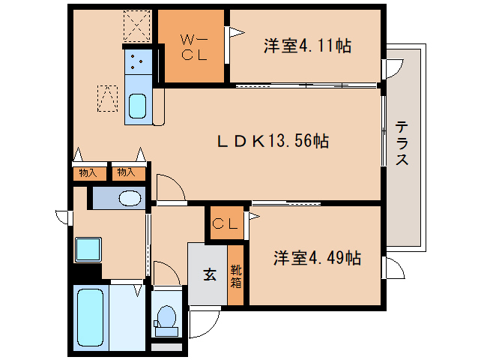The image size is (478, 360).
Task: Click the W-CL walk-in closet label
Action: [x=192, y=46]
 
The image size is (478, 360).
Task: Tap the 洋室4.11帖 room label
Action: [x=307, y=46]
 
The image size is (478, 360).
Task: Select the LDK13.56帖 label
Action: [x=273, y=139]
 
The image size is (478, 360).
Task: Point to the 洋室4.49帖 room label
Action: [x=316, y=258]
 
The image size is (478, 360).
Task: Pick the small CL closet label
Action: [x=225, y=223]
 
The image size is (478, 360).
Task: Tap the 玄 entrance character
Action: [x=210, y=274]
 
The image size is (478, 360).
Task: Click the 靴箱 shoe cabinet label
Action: [x=236, y=276]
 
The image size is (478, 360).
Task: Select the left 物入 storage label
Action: [x=88, y=173]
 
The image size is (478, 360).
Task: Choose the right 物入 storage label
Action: [x=126, y=173]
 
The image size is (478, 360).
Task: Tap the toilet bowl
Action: [x=166, y=318]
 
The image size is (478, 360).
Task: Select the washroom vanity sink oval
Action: [x=130, y=198]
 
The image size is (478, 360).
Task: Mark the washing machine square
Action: [x=88, y=249]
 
